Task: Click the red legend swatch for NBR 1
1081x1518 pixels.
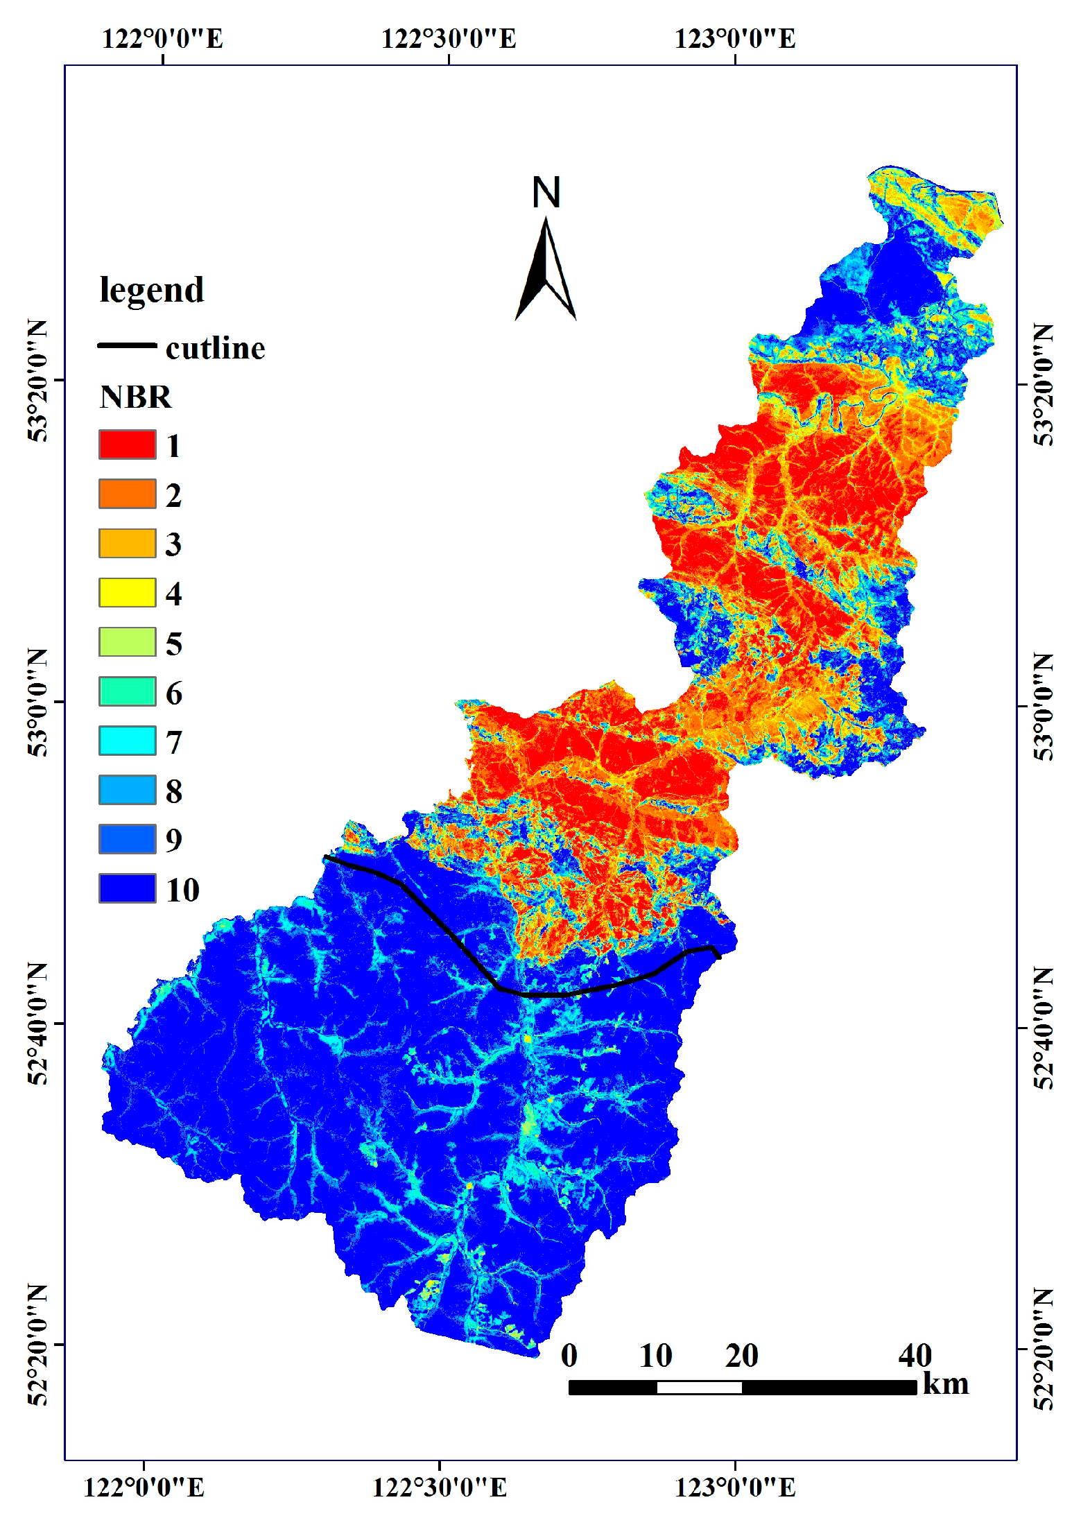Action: point(127,445)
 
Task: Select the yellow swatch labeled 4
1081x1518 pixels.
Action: point(127,593)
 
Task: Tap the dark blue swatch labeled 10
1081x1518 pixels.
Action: point(127,888)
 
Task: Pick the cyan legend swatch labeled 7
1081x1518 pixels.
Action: point(127,741)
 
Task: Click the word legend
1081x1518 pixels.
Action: point(152,290)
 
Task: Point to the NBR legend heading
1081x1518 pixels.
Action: point(135,397)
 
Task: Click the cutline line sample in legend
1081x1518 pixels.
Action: point(127,345)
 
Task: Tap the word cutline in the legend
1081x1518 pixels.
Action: point(215,348)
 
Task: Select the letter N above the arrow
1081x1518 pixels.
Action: point(546,193)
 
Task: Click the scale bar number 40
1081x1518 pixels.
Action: point(915,1355)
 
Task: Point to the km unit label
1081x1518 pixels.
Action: point(946,1384)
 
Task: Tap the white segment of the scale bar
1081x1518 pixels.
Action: point(699,1387)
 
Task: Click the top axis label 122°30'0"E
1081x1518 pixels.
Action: point(449,38)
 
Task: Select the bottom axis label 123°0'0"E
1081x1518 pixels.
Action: point(735,1487)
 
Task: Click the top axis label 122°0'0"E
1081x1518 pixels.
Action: point(162,38)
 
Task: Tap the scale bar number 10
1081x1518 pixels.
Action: point(655,1355)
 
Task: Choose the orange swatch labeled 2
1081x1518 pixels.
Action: point(127,494)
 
